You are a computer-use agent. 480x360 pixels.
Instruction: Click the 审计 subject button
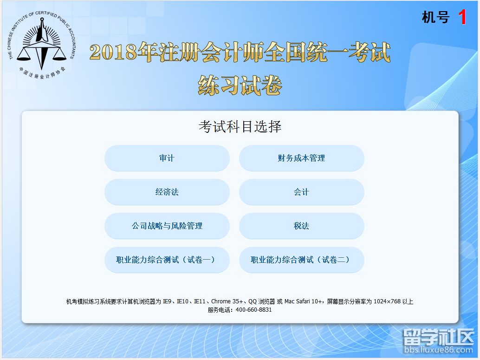tap(167, 158)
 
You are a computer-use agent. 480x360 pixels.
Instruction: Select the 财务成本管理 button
tap(301, 158)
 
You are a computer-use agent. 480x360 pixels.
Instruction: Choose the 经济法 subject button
tap(167, 192)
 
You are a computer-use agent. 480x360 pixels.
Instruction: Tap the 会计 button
tap(301, 192)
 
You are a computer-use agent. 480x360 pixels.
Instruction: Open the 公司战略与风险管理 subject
tap(167, 226)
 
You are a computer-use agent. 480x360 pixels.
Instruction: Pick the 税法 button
tap(301, 226)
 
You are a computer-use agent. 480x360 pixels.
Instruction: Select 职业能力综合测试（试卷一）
tap(167, 260)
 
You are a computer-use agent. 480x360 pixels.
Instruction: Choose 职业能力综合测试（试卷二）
tap(301, 260)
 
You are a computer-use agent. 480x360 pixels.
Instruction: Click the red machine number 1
tap(462, 18)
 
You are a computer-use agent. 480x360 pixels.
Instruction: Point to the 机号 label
tap(435, 18)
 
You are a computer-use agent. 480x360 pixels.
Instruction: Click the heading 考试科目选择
tap(240, 126)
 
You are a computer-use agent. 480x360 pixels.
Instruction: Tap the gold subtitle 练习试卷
tap(240, 85)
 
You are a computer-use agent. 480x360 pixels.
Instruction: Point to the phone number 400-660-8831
tap(253, 310)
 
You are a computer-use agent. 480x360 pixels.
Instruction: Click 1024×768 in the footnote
tap(387, 301)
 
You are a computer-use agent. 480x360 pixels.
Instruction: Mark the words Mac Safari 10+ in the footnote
tap(304, 301)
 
